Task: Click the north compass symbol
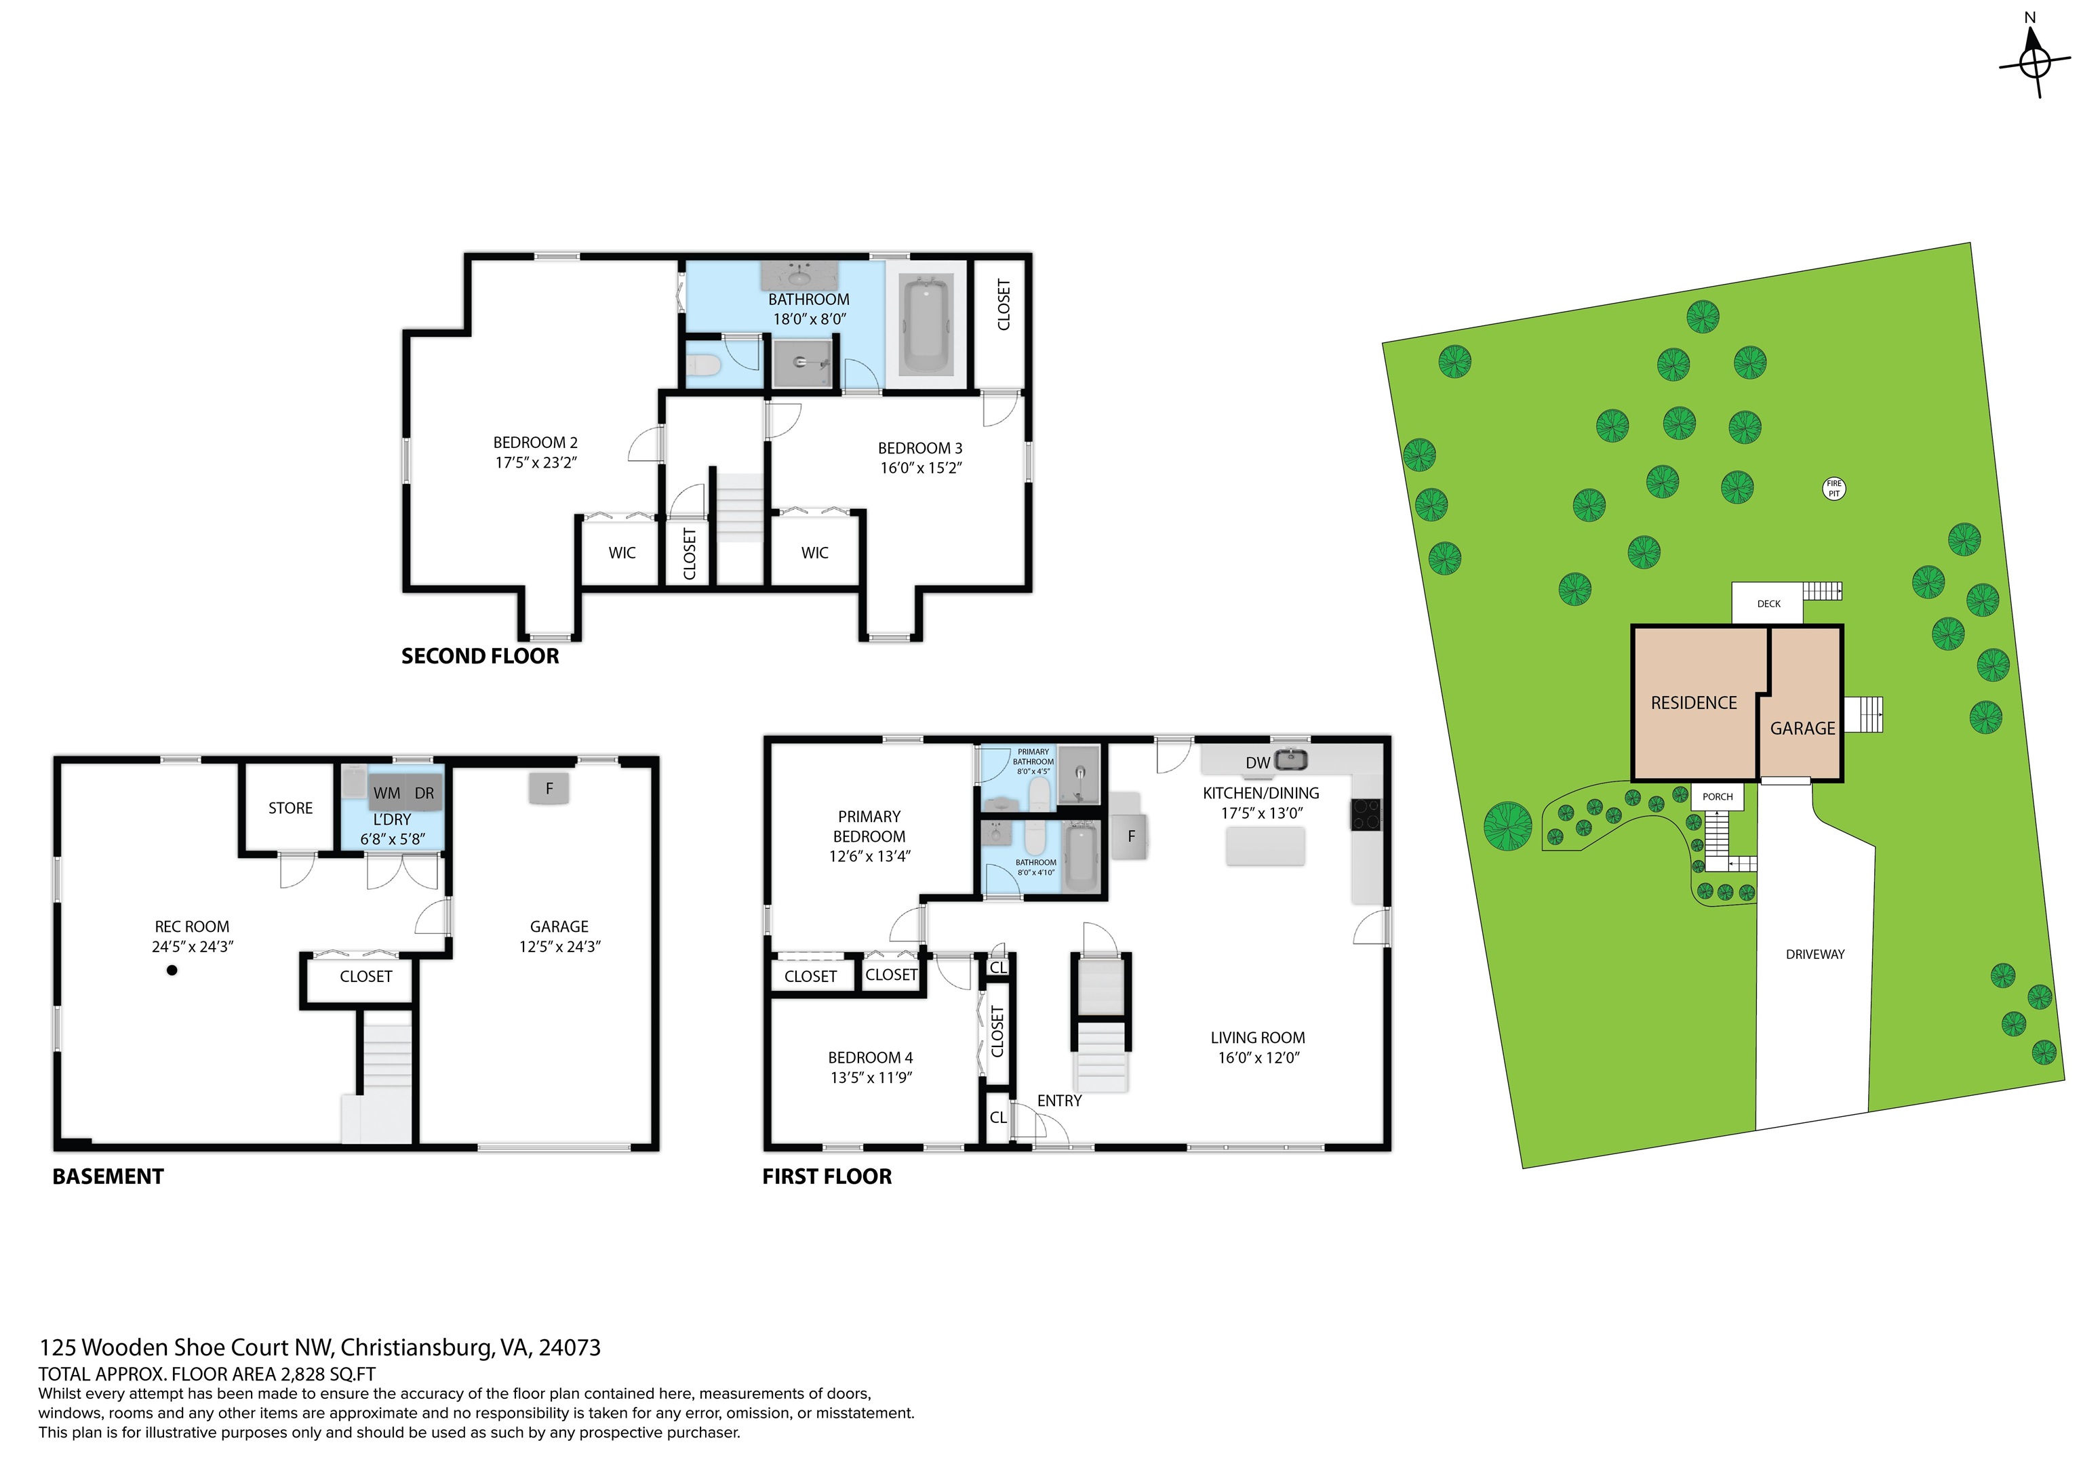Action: (x=2035, y=62)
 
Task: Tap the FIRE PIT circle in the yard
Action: (x=1833, y=489)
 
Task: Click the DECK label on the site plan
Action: (x=1768, y=603)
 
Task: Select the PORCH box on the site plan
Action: (x=1716, y=796)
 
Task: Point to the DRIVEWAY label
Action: (x=1814, y=954)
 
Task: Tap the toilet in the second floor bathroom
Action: (x=703, y=365)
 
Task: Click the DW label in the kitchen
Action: (x=1256, y=762)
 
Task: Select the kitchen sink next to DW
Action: (x=1291, y=759)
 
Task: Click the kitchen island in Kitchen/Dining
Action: (x=1265, y=845)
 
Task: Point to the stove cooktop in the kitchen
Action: (x=1366, y=813)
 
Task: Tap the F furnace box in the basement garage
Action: (x=549, y=788)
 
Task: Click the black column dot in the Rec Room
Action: (x=172, y=970)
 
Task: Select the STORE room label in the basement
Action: (x=290, y=808)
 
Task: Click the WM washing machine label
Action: (x=386, y=793)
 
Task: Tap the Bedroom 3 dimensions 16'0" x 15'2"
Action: (x=920, y=468)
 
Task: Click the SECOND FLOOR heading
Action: (x=480, y=657)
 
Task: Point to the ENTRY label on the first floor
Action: (x=1058, y=1100)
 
